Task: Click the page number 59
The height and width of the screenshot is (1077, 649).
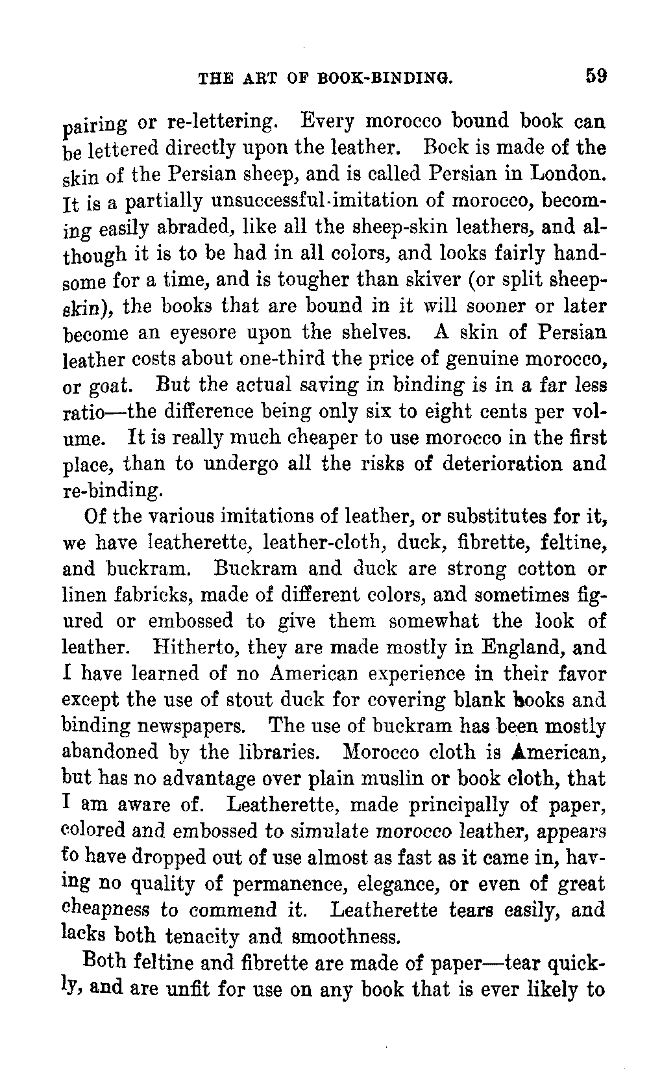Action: [595, 75]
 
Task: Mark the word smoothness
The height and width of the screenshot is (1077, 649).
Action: [345, 937]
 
